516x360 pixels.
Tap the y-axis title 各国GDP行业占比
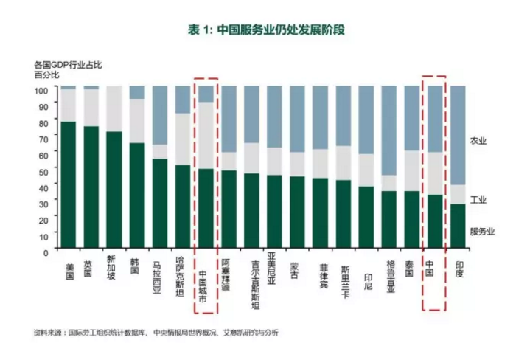pos(68,65)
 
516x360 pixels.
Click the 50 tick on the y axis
pos(43,170)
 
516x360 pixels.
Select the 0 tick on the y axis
pos(46,251)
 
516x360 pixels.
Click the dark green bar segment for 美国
pos(69,184)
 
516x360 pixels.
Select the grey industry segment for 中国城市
pos(206,135)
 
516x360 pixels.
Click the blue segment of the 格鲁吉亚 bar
pos(389,130)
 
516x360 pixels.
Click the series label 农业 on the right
pos(478,141)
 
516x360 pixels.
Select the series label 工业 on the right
pos(478,199)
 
